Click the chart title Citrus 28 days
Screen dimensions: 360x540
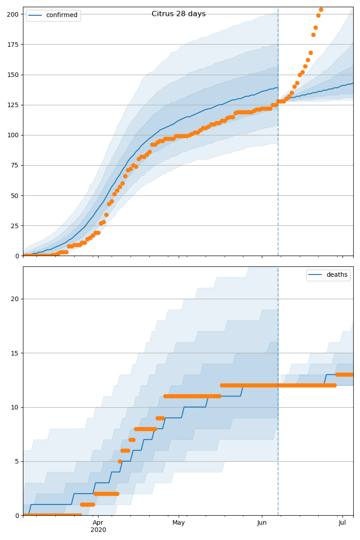[x=179, y=14]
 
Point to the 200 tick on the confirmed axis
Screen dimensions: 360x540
[x=13, y=14]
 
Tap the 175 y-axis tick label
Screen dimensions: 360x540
[x=13, y=45]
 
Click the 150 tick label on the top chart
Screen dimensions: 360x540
[x=13, y=75]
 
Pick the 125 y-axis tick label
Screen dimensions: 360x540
[x=13, y=105]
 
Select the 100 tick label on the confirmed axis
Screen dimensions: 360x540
[x=13, y=135]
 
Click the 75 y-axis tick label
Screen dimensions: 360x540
[x=15, y=166]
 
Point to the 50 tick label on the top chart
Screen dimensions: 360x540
[x=15, y=196]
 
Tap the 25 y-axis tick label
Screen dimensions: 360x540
[x=15, y=226]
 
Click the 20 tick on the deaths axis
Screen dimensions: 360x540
[x=15, y=299]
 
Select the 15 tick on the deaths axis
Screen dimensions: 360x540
[x=15, y=353]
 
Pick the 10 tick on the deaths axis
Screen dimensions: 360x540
[x=15, y=407]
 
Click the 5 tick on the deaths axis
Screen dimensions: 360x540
[x=17, y=461]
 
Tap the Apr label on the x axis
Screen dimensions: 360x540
[x=98, y=522]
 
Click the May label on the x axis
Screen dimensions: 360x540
[x=179, y=522]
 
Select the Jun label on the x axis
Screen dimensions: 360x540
[x=262, y=522]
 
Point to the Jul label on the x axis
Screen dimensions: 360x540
[x=342, y=522]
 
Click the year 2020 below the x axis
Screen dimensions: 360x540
[x=98, y=530]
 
